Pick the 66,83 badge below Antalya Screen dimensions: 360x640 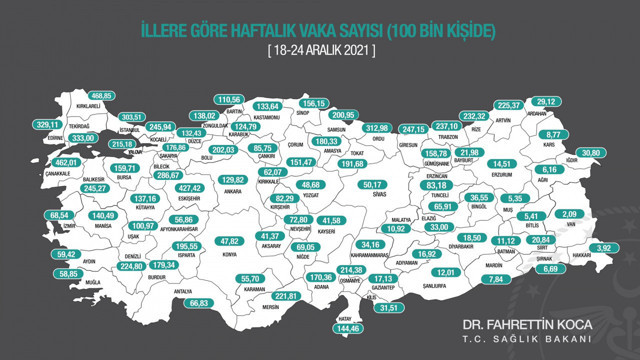(202, 302)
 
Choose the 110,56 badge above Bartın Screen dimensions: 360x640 (229, 100)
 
